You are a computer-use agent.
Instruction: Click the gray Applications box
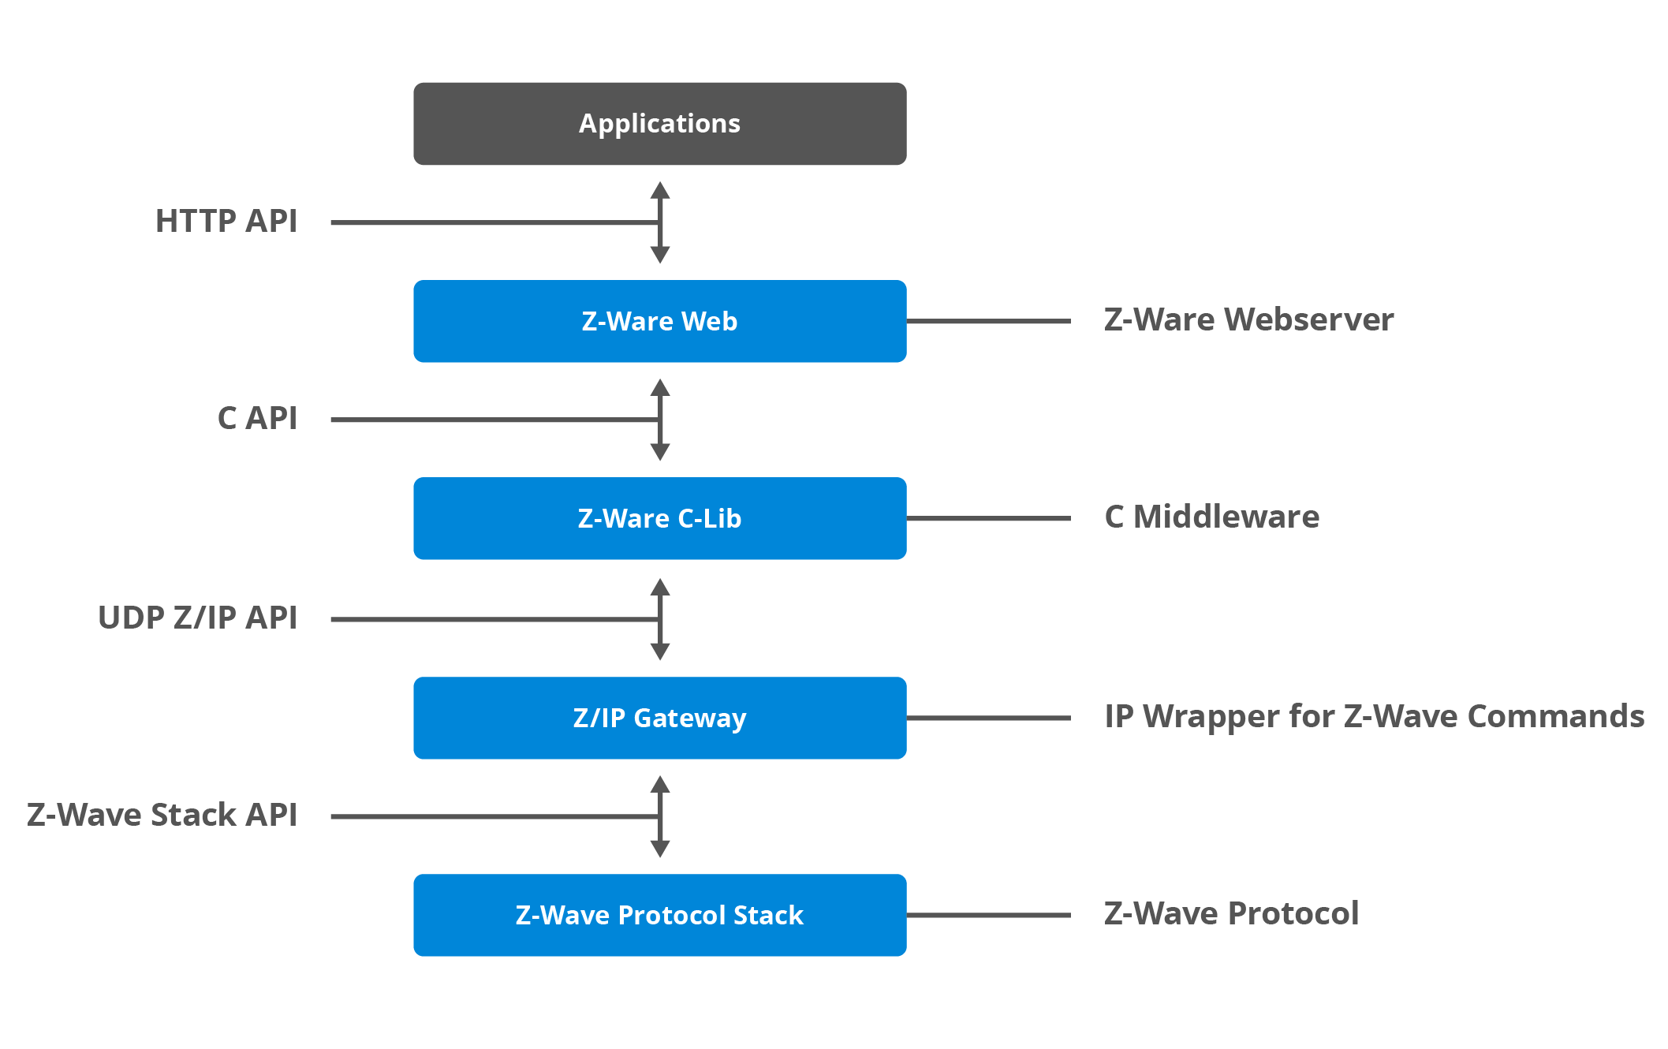click(x=659, y=124)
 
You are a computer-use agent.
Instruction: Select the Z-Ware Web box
click(x=659, y=321)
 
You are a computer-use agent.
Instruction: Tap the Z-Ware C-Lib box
click(x=659, y=518)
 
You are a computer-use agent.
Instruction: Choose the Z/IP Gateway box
click(x=659, y=718)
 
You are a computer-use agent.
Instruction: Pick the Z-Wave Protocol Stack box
click(x=659, y=915)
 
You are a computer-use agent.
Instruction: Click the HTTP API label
click(x=226, y=222)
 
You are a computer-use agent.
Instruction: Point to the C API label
click(x=257, y=419)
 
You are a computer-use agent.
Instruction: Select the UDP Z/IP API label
click(x=198, y=618)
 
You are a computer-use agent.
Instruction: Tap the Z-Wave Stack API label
click(x=162, y=816)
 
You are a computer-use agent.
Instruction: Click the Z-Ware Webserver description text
click(x=1248, y=320)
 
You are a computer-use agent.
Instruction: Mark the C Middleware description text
click(x=1211, y=517)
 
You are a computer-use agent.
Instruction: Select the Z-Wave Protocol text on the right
click(x=1231, y=914)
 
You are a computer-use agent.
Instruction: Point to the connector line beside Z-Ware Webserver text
click(x=988, y=321)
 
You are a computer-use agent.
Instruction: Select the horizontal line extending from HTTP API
click(x=489, y=222)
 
